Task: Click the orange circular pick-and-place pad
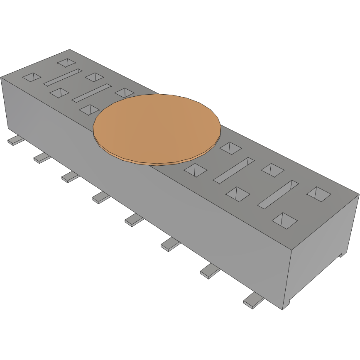156,127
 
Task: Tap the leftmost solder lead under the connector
15,141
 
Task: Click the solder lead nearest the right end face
253,301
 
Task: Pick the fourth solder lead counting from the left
101,197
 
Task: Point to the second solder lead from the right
209,272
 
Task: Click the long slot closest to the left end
63,78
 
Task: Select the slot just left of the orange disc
91,93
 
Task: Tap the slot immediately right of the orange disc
233,169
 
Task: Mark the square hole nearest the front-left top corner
32,77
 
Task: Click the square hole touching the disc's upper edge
124,92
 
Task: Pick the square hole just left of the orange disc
89,110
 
